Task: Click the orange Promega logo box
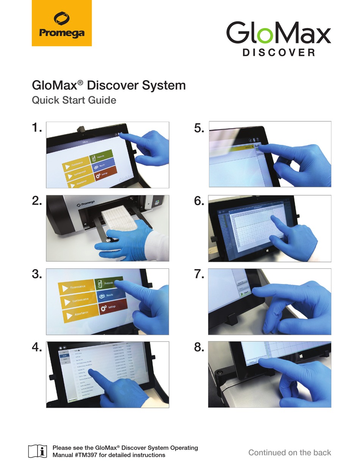61,23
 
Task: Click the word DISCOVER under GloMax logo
279,52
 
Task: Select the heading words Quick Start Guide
74,100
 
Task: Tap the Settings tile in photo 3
113,307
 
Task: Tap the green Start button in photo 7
244,293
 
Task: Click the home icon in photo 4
60,347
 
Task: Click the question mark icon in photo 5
257,140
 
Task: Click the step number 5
199,129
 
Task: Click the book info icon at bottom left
38,451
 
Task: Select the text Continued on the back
290,452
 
